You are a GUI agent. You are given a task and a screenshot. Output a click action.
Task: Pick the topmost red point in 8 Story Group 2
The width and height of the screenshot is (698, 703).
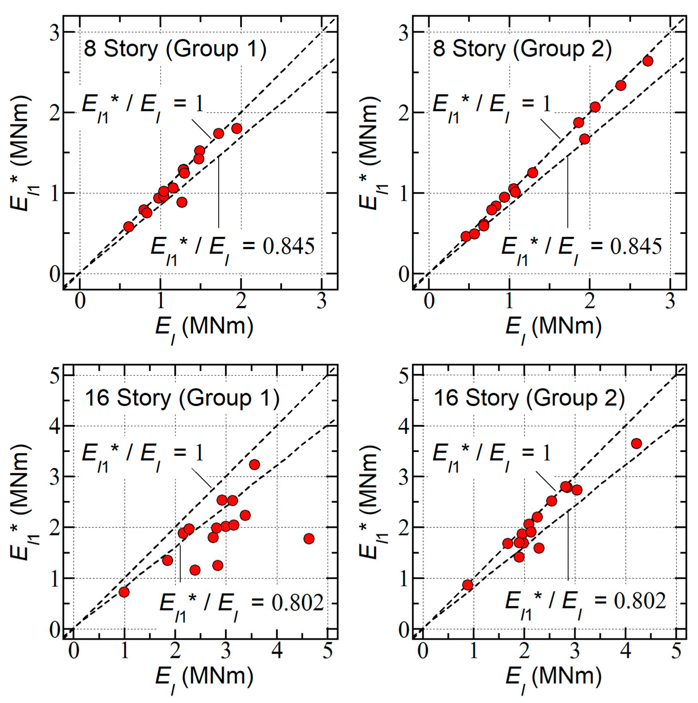pos(648,61)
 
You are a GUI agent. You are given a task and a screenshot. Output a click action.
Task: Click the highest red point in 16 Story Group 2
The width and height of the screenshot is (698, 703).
pos(636,443)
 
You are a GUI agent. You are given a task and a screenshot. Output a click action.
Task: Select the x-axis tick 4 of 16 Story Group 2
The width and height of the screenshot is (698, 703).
pos(625,651)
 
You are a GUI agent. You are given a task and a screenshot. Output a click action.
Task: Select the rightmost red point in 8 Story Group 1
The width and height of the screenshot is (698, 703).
pos(237,128)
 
